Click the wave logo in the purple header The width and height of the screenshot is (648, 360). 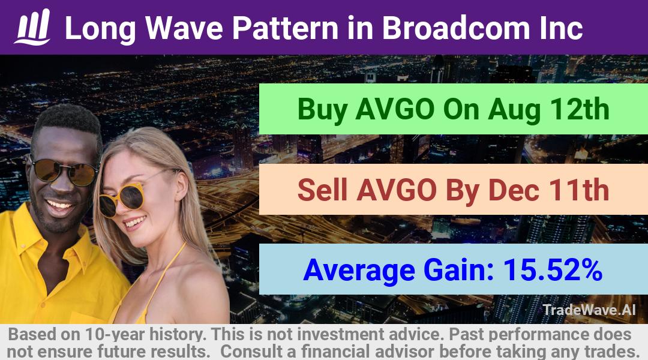(x=32, y=27)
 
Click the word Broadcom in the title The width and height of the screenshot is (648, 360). (x=455, y=28)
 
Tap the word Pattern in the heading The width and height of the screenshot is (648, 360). (x=285, y=28)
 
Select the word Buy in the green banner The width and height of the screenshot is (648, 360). (x=322, y=110)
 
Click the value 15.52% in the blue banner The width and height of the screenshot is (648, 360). (x=553, y=269)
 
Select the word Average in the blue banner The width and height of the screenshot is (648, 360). (x=359, y=271)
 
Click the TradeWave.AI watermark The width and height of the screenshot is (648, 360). (x=589, y=310)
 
